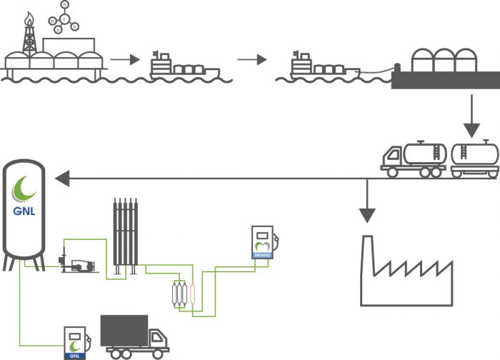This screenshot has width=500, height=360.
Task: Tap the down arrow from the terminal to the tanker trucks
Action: coord(471,114)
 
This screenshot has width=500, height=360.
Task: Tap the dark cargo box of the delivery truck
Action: coord(124,331)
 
